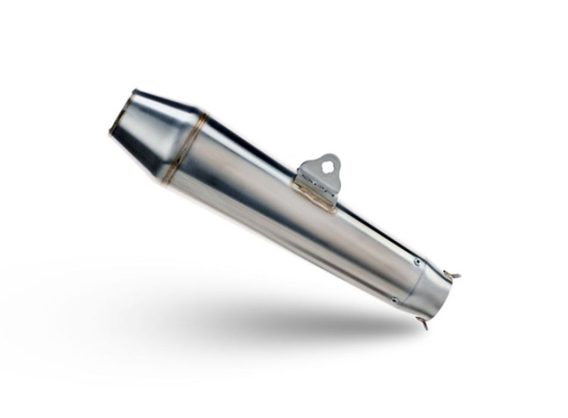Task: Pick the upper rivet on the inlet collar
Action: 417,262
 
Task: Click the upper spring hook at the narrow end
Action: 454,275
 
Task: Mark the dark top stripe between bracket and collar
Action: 377,230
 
